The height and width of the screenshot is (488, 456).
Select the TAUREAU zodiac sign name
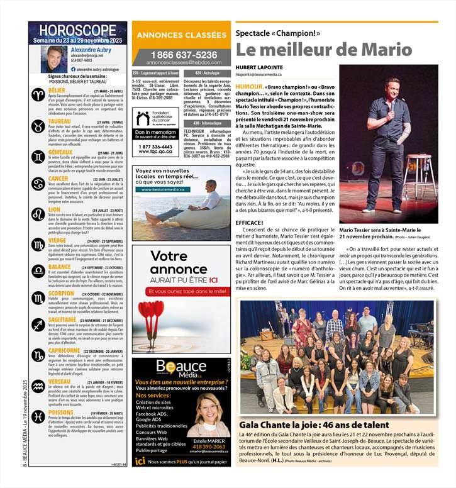pyautogui.click(x=60, y=121)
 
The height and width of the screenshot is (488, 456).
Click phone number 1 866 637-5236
pyautogui.click(x=181, y=55)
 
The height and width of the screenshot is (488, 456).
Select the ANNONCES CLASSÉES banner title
pyautogui.click(x=181, y=35)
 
